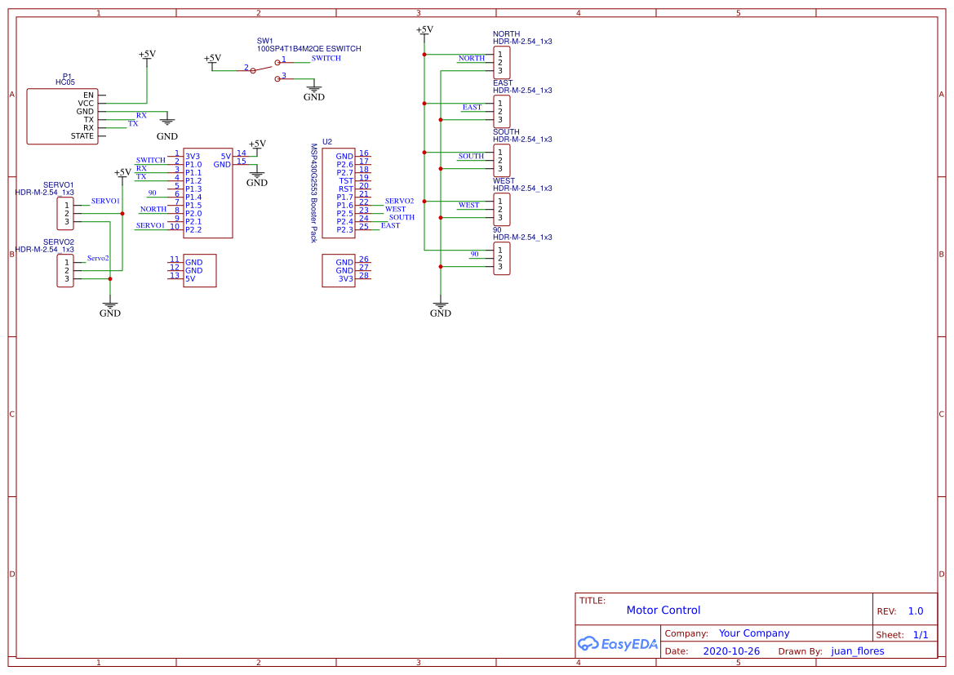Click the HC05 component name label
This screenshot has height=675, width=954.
pos(64,82)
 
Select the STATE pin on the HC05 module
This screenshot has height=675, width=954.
pos(82,136)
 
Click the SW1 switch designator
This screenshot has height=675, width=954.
pos(265,41)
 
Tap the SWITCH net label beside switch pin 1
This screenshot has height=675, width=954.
pos(326,59)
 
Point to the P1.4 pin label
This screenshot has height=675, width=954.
pos(193,197)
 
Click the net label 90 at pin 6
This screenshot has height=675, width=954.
pos(153,193)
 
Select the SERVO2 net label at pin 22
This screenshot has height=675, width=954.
pos(399,201)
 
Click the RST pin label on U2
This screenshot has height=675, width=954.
pos(346,189)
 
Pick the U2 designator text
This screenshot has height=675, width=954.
pos(327,141)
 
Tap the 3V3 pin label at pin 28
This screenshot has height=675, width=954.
pos(346,278)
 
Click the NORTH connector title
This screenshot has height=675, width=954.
pos(506,34)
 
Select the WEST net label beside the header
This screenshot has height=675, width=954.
pos(468,205)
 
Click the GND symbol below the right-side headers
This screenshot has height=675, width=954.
pos(440,309)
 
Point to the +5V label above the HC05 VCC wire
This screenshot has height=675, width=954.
pos(147,54)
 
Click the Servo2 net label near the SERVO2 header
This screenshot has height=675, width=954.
pos(99,258)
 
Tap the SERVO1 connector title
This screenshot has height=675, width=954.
pos(59,185)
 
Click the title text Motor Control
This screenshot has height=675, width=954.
pos(663,610)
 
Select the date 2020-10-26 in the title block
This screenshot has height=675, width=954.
pos(731,651)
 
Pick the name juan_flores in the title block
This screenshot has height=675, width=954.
pos(857,651)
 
